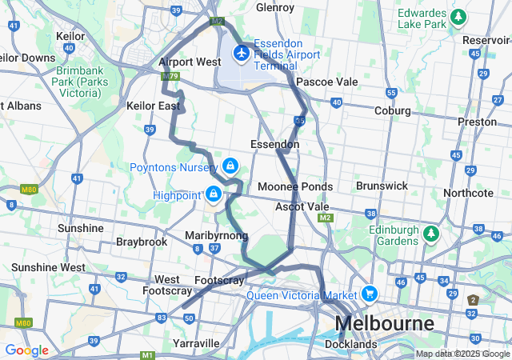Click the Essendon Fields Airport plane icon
(240, 53)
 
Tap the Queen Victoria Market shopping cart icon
(369, 294)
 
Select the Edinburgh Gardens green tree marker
(432, 234)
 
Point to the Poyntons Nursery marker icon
(230, 166)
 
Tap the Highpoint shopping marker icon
(214, 194)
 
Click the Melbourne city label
(385, 324)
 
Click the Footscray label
(219, 280)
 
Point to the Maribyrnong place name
(216, 235)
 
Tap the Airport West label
(190, 62)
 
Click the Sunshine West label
(48, 267)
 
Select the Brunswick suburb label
(382, 186)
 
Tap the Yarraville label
(196, 343)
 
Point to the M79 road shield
(169, 77)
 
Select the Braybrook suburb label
(142, 241)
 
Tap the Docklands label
(350, 344)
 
